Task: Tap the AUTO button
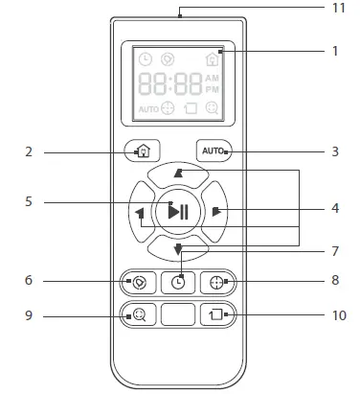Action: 213,151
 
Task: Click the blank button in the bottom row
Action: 178,313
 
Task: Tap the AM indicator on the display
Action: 212,77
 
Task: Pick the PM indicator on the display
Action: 212,89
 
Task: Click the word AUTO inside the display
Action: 147,108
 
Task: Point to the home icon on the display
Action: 212,58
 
